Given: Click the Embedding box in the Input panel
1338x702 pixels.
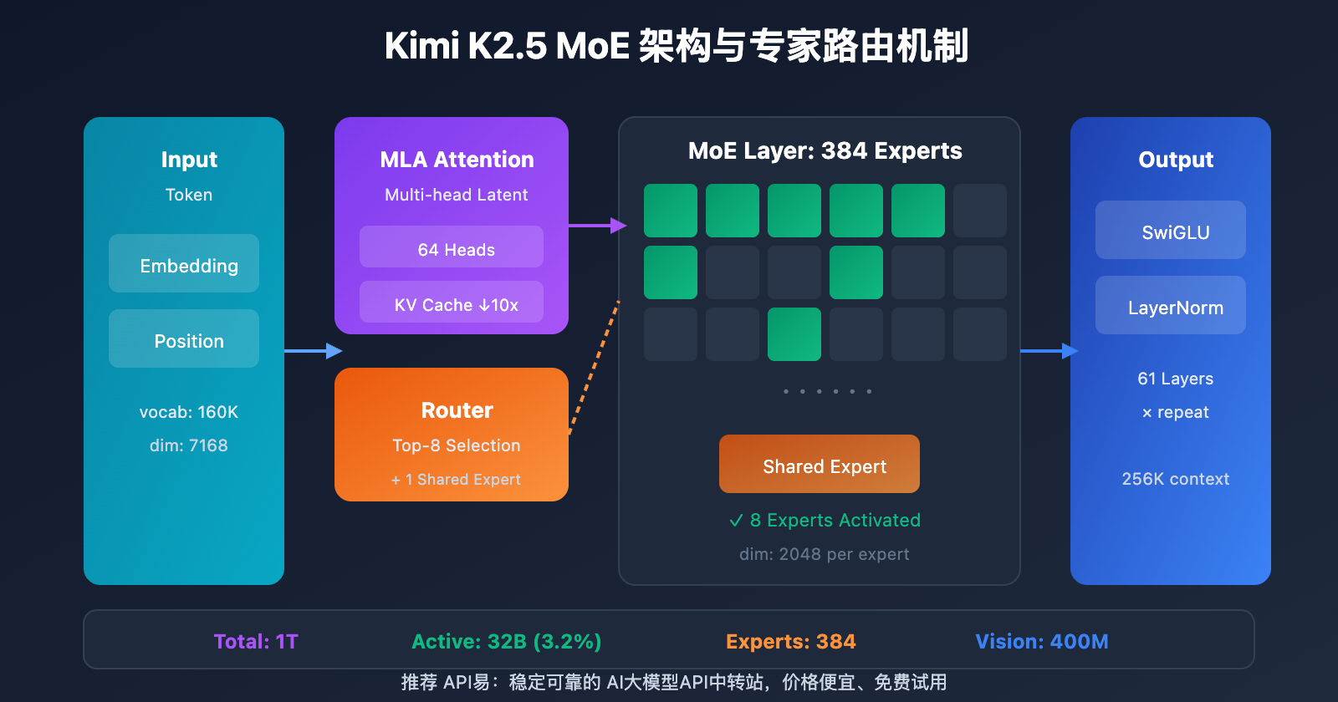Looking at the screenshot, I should pos(184,264).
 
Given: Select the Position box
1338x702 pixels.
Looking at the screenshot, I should pos(184,339).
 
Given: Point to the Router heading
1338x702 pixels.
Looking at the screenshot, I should pos(457,410).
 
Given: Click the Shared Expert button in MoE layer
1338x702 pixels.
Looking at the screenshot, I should pos(820,465).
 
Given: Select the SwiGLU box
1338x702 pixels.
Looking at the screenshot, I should pos(1171,231).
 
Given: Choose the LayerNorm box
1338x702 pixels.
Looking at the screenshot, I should pos(1171,306).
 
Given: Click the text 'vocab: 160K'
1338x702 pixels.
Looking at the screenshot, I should pos(189,412).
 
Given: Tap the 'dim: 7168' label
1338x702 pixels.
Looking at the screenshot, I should pos(189,445).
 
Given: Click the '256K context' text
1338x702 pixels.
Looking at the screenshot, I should pos(1175,479).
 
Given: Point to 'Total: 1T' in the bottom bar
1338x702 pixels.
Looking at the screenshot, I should pos(256,641).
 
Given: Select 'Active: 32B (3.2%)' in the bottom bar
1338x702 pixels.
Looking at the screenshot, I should pos(506,641).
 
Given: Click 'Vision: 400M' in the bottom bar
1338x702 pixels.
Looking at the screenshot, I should pos(1041,641).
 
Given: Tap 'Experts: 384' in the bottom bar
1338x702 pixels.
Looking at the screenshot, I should pos(790,641).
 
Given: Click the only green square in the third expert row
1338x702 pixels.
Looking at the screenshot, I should pos(794,334).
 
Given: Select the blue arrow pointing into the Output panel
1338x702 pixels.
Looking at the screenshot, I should pos(1049,351).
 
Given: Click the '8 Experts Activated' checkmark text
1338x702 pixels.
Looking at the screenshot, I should pos(825,520).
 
